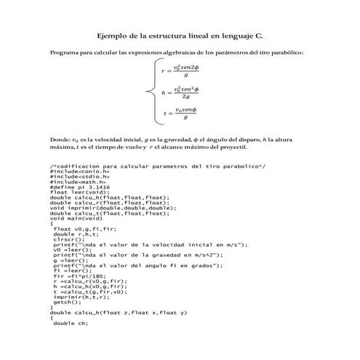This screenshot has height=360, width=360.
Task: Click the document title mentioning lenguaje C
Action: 180,34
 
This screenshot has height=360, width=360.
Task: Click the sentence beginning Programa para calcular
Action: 175,52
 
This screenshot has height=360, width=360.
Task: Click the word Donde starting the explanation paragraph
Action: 58,137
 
